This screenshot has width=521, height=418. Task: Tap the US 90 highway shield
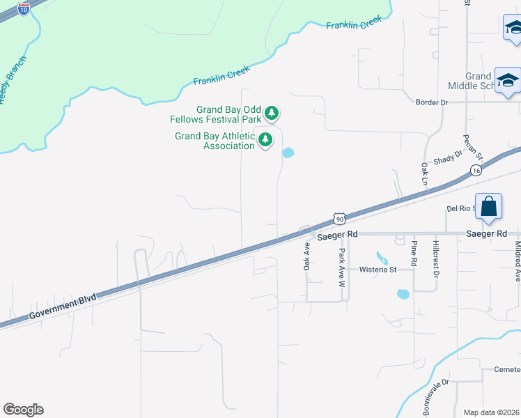click(339, 219)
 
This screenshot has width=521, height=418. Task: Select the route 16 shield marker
click(476, 170)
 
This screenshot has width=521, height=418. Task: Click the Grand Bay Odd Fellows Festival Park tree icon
click(272, 113)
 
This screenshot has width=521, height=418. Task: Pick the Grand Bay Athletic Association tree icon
click(265, 140)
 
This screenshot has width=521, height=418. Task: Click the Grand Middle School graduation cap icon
click(508, 81)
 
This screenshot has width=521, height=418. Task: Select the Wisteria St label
click(378, 269)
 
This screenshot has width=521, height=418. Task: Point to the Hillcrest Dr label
click(436, 261)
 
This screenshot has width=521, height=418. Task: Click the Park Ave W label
click(342, 268)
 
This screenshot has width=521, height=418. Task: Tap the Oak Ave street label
click(306, 256)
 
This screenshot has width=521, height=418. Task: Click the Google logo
click(23, 410)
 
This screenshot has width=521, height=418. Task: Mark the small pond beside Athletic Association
click(287, 153)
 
